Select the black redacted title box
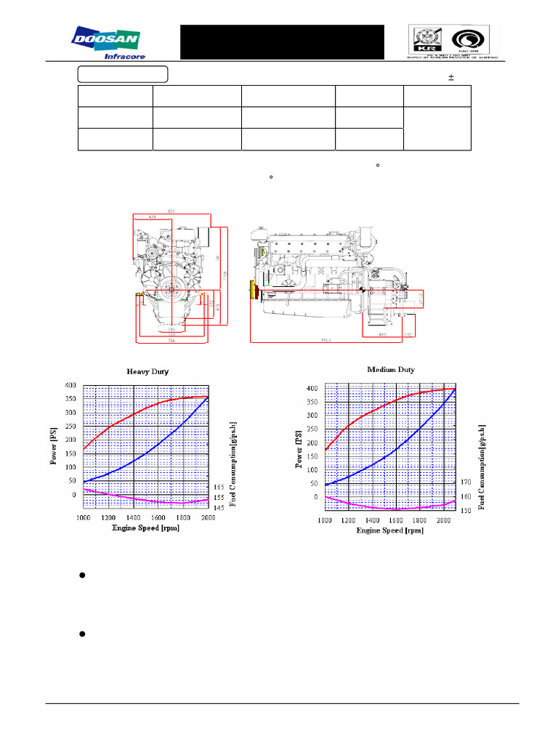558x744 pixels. [x=282, y=42]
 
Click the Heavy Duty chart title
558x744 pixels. [x=147, y=371]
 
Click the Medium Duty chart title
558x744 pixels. [x=391, y=370]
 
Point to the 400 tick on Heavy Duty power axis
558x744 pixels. [x=70, y=384]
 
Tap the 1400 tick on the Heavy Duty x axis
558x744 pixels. [x=133, y=517]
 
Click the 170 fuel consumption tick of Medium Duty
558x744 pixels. [x=466, y=482]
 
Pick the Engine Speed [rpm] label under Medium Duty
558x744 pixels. [x=389, y=531]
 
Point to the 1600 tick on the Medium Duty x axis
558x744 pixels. [x=395, y=521]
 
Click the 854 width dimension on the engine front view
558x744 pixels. [x=172, y=211]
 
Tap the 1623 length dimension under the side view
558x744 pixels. [x=328, y=339]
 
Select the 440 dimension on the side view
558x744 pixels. [x=382, y=336]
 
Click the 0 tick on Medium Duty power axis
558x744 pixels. [x=315, y=498]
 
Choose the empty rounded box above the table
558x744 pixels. [x=123, y=74]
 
